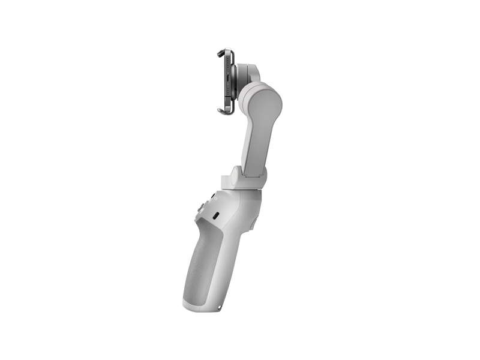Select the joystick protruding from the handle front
199,209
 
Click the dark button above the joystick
203,197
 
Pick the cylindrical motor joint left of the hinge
226,179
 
